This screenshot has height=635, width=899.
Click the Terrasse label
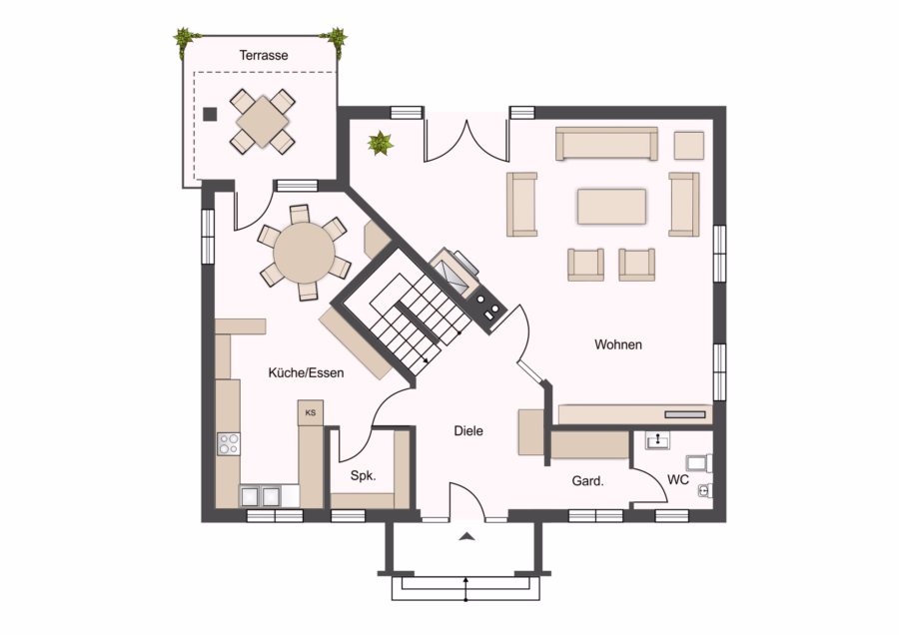coord(263,56)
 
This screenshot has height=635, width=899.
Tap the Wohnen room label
coord(618,344)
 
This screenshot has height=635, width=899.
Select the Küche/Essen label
coord(307,373)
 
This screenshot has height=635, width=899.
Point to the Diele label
coord(468,431)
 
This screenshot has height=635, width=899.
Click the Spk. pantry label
coord(363,475)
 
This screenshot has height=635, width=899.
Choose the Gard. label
coord(587,481)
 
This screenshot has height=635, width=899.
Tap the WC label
coord(678,479)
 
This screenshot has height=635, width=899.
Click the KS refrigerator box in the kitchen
coord(311,412)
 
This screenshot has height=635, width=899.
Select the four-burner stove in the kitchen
coord(229,444)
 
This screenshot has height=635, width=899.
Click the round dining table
coord(304,253)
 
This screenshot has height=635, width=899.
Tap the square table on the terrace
coord(263,122)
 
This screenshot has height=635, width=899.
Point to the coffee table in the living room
coord(611,207)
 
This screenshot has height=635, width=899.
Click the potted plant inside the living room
coord(381,143)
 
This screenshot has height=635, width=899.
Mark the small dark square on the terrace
coord(210,114)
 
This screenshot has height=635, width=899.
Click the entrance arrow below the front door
coord(467,536)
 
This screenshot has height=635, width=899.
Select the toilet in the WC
coord(699,463)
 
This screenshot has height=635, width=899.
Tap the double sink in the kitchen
coord(261,496)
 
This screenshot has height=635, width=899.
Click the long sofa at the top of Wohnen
coord(606,144)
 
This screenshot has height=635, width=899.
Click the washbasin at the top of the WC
coord(657,440)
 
